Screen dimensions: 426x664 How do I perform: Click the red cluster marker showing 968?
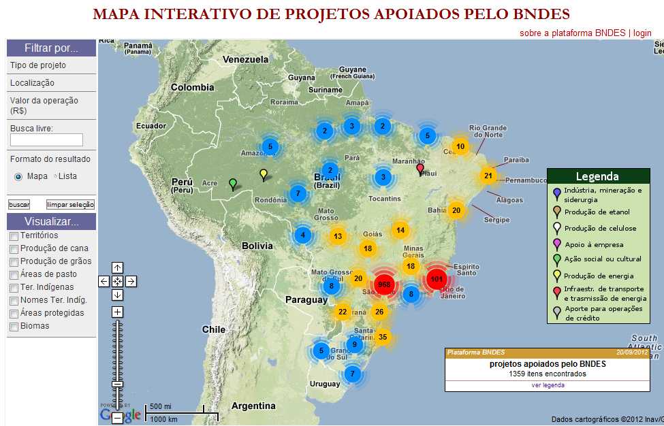pyautogui.click(x=384, y=284)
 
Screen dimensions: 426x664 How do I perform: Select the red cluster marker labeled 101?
pyautogui.click(x=437, y=280)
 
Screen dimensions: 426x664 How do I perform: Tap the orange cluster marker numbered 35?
pyautogui.click(x=383, y=337)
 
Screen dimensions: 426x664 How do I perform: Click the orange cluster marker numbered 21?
pyautogui.click(x=488, y=176)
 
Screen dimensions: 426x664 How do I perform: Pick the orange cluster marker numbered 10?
pyautogui.click(x=460, y=146)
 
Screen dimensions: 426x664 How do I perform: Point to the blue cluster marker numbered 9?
pyautogui.click(x=354, y=344)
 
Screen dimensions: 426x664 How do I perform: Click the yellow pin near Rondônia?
pyautogui.click(x=264, y=174)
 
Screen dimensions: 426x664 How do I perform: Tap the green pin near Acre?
pyautogui.click(x=233, y=183)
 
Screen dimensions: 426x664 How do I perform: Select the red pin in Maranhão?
pyautogui.click(x=420, y=167)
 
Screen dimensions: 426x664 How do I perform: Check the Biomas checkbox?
pyautogui.click(x=14, y=327)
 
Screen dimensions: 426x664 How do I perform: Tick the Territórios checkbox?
pyautogui.click(x=14, y=236)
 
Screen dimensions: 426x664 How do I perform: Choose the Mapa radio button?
pyautogui.click(x=18, y=176)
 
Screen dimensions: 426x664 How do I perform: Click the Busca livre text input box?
pyautogui.click(x=46, y=140)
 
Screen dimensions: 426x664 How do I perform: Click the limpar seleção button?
pyautogui.click(x=70, y=204)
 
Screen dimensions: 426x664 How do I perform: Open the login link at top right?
pyautogui.click(x=642, y=33)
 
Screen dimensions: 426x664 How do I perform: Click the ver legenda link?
pyautogui.click(x=548, y=385)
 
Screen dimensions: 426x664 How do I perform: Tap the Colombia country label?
pyautogui.click(x=192, y=87)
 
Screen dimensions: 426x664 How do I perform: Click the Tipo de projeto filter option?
pyautogui.click(x=38, y=65)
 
